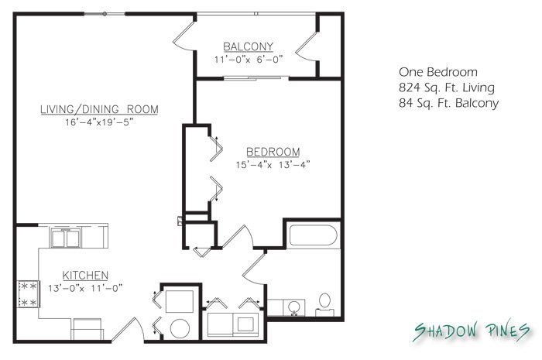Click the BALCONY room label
tap(249, 46)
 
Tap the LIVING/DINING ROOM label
tap(100, 109)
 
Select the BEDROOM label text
tap(273, 152)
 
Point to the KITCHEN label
tap(85, 276)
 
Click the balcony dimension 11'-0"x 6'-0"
tap(249, 60)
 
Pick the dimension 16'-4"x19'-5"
tap(99, 122)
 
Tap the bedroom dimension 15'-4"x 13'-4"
tap(273, 164)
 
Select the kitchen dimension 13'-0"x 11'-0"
tap(85, 288)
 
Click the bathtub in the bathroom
tap(313, 235)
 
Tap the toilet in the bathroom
tap(324, 305)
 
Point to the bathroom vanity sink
tap(294, 307)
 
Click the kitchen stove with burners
tap(29, 294)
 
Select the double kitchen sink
tap(66, 238)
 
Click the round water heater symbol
tap(180, 328)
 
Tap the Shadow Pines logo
tap(472, 331)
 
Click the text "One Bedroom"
tap(438, 72)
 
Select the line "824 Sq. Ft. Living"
tap(447, 87)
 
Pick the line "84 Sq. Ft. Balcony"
tap(448, 103)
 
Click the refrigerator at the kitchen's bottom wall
tap(87, 329)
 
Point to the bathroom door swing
tap(254, 269)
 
